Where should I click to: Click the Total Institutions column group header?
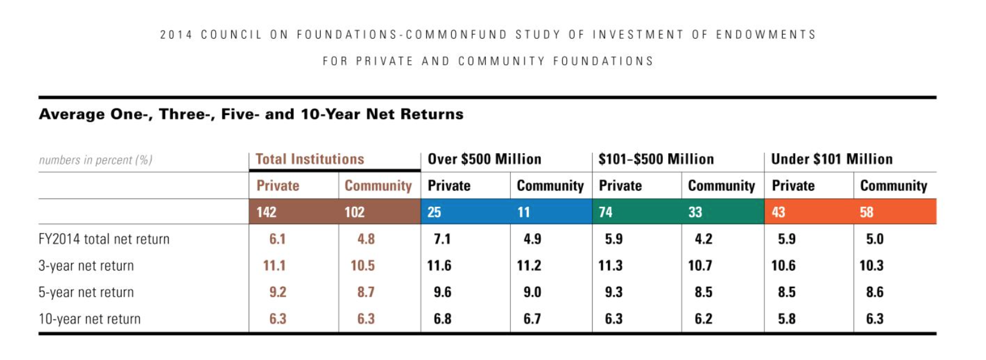pyautogui.click(x=309, y=159)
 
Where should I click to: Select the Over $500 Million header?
pyautogui.click(x=484, y=159)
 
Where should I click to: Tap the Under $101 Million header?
pyautogui.click(x=832, y=159)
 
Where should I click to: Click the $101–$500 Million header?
pyautogui.click(x=656, y=159)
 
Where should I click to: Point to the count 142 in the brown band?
pyautogui.click(x=266, y=212)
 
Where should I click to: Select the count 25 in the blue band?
pyautogui.click(x=434, y=212)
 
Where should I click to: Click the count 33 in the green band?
pyautogui.click(x=695, y=212)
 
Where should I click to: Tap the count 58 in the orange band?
pyautogui.click(x=866, y=212)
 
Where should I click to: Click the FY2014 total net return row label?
pyautogui.click(x=104, y=239)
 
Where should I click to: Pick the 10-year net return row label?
pyautogui.click(x=89, y=319)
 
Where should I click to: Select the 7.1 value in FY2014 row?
pyautogui.click(x=442, y=239)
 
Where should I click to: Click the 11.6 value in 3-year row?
pyautogui.click(x=439, y=266)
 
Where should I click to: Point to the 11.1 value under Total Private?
pyautogui.click(x=274, y=266)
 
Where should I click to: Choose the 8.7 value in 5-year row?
pyautogui.click(x=366, y=292)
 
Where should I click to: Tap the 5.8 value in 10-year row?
pyautogui.click(x=786, y=319)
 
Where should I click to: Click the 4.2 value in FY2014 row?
pyautogui.click(x=703, y=239)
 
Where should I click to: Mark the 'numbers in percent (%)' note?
pyautogui.click(x=95, y=160)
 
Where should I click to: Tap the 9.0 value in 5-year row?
pyautogui.click(x=532, y=292)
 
